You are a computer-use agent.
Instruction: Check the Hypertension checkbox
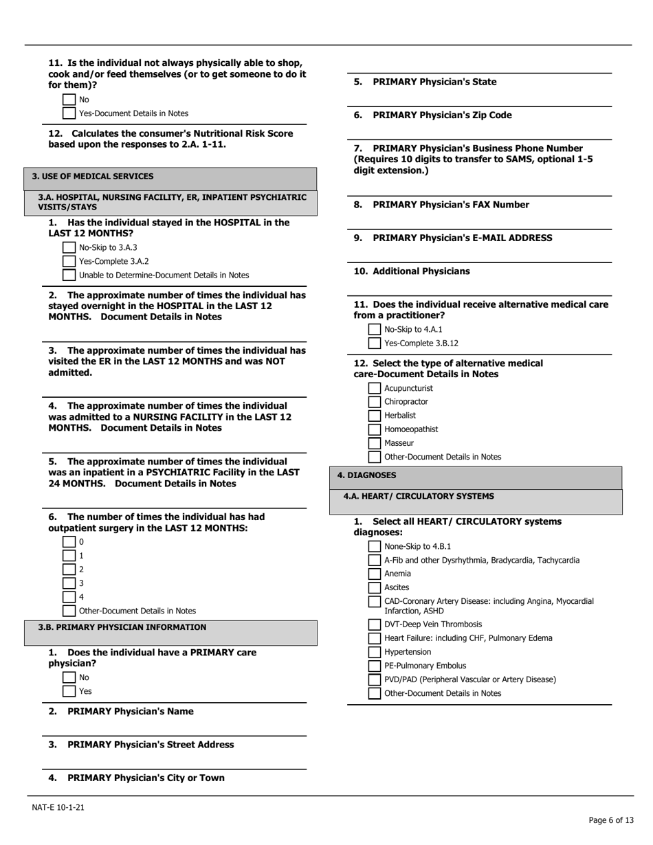[375, 652]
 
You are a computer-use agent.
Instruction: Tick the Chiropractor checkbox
[375, 402]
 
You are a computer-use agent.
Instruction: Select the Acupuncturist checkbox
[375, 388]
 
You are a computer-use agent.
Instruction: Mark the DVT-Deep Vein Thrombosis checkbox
[375, 624]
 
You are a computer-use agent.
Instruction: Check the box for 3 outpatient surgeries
[69, 583]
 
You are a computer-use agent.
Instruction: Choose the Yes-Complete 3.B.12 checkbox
[375, 343]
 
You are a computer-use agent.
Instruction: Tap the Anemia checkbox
[375, 574]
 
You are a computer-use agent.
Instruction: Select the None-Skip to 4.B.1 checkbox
[375, 547]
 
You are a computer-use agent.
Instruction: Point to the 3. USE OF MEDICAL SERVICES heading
[93, 177]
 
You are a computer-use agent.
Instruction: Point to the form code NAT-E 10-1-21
[58, 808]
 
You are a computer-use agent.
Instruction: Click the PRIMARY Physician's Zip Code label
[441, 115]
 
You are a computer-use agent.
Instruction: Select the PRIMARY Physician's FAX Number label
[450, 205]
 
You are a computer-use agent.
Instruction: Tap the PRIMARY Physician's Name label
[130, 712]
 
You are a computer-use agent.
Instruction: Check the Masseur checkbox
[375, 443]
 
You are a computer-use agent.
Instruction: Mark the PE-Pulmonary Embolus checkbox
[375, 666]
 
